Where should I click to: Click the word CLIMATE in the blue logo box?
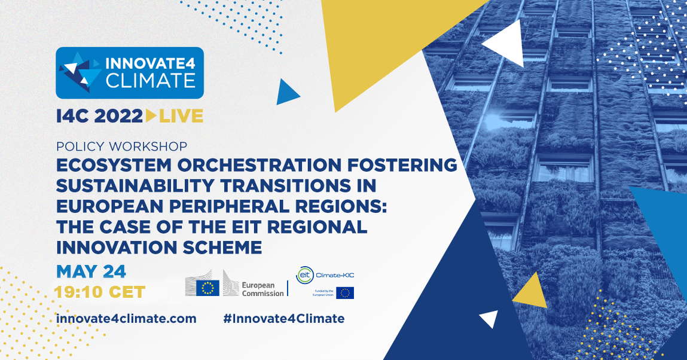[x=150, y=81]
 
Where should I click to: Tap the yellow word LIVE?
[x=181, y=116]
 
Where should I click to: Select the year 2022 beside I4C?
[x=119, y=116]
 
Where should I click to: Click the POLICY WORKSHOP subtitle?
[x=122, y=146]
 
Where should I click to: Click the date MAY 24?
[x=91, y=272]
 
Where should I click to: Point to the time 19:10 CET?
[x=99, y=292]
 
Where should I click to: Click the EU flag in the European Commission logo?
[x=207, y=288]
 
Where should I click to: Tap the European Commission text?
[x=263, y=289]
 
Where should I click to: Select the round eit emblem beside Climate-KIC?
[x=304, y=275]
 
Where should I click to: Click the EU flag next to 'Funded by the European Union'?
[x=345, y=293]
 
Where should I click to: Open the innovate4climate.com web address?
[x=126, y=318]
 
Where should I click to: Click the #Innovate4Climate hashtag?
[x=284, y=318]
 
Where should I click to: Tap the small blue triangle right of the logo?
[x=286, y=93]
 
